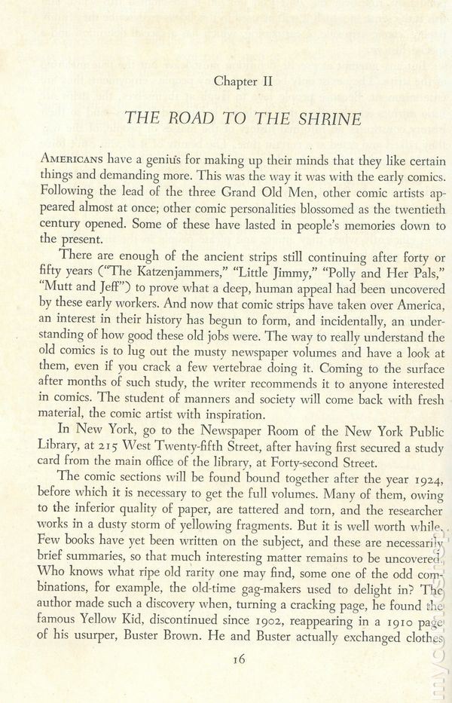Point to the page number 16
point(240,659)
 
